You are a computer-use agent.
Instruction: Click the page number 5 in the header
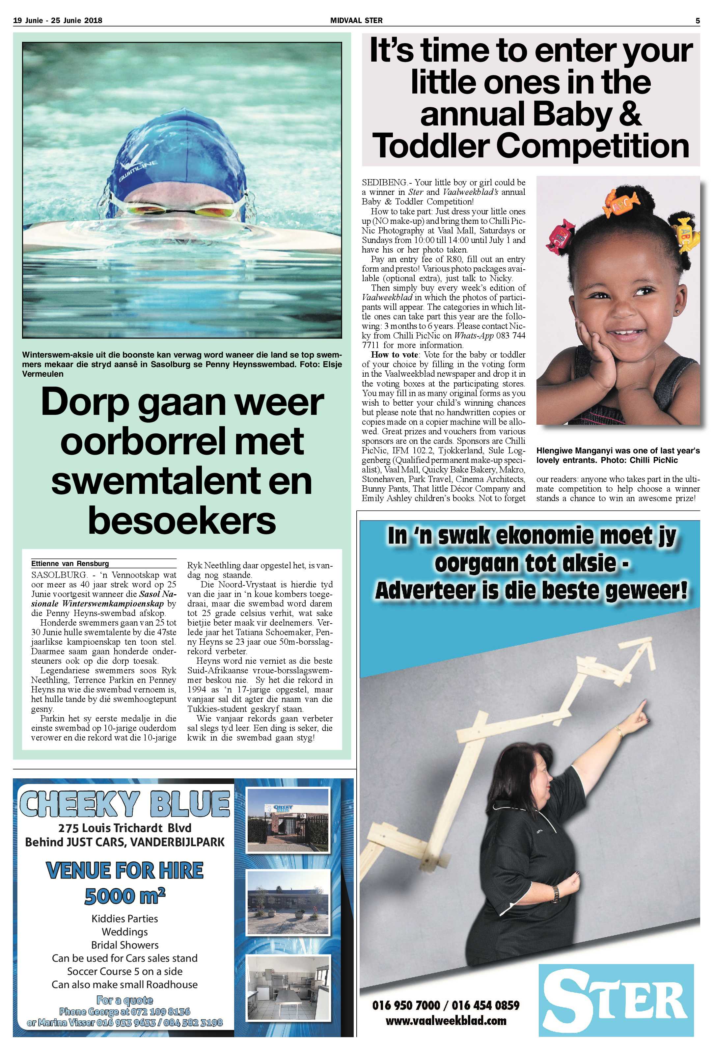coord(697,20)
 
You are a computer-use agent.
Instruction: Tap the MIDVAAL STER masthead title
coord(356,20)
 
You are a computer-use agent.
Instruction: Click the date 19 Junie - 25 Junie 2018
coord(58,20)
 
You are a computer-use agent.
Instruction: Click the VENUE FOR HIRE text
coord(125,870)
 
